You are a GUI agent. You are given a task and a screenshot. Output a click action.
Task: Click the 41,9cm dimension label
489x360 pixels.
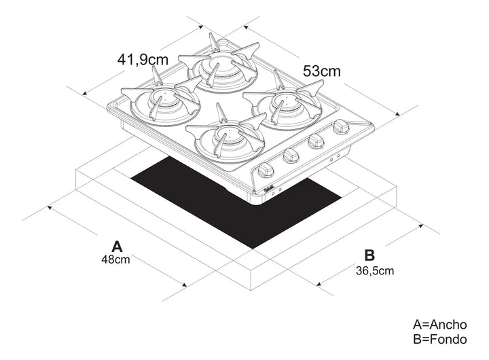tap(142, 60)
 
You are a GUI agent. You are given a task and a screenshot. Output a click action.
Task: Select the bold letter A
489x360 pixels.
tap(117, 245)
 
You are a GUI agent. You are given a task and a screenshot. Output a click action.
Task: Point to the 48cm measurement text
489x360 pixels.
tap(116, 259)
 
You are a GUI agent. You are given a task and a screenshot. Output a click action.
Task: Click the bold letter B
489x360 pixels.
tap(369, 255)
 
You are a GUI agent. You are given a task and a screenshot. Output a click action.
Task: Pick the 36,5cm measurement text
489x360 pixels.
tap(374, 270)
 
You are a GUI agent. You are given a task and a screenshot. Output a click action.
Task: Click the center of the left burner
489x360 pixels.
tap(159, 102)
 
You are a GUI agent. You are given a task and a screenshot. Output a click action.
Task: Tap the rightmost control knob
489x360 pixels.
tap(340, 127)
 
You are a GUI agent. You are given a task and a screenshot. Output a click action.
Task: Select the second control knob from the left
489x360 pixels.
tap(291, 155)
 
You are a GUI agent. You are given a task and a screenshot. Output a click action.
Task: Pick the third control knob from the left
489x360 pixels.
tap(316, 141)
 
